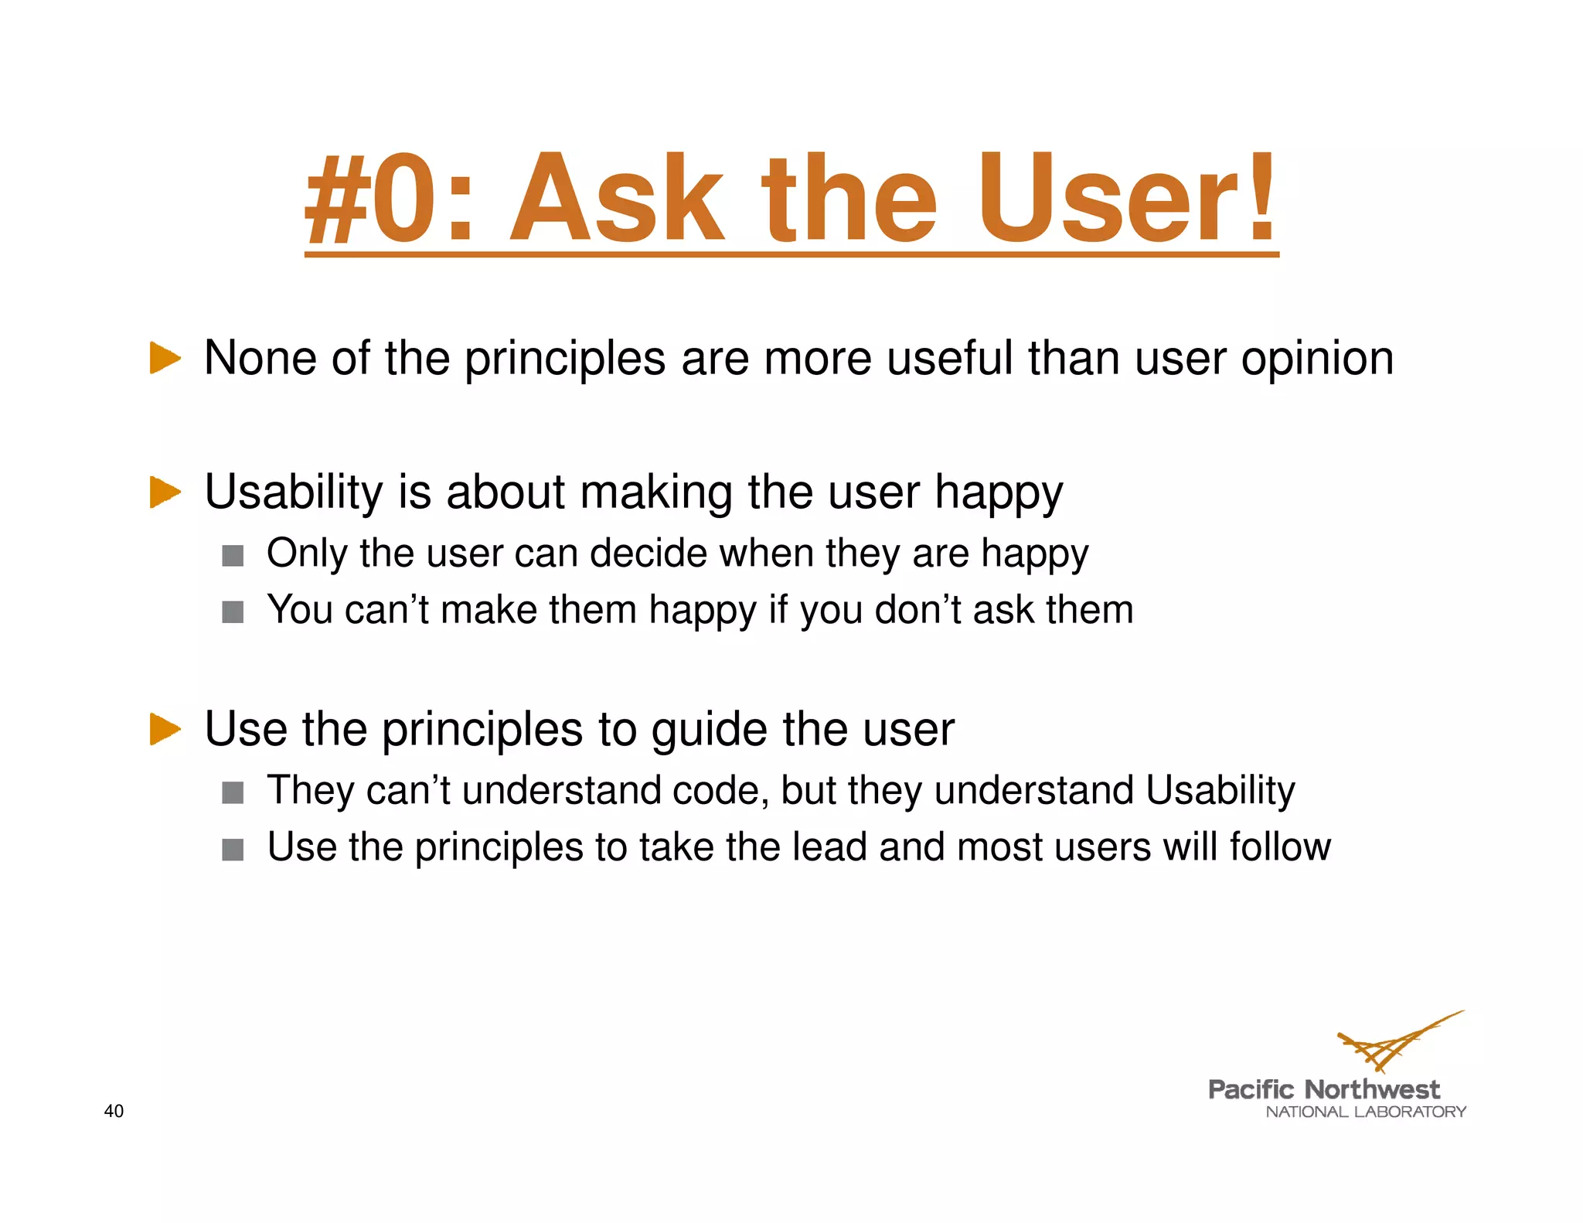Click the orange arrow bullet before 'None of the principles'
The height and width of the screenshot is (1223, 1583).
(x=165, y=358)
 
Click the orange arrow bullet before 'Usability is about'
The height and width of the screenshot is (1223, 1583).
(x=165, y=492)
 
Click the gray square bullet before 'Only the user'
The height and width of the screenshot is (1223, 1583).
(x=233, y=556)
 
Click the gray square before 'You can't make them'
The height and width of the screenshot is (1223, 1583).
(x=233, y=612)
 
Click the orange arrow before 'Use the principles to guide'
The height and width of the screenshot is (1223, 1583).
(x=165, y=729)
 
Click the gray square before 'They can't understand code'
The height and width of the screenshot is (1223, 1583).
(x=233, y=793)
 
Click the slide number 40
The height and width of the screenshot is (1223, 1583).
(x=114, y=1111)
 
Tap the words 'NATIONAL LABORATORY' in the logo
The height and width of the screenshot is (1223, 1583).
(x=1365, y=1112)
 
